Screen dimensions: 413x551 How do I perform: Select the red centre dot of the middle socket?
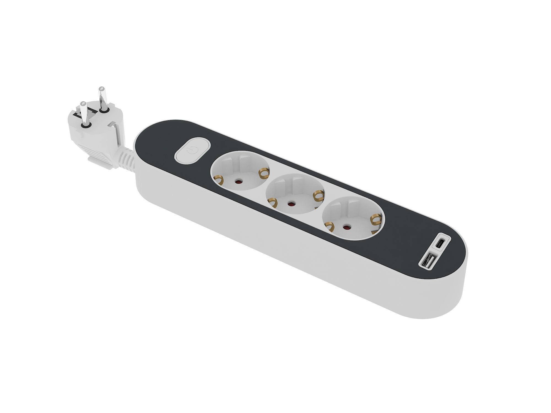(x=290, y=204)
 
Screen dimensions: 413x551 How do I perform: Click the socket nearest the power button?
(x=240, y=171)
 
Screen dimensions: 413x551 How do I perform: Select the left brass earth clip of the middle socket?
(x=273, y=203)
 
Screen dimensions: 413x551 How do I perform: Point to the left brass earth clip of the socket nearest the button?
(x=218, y=180)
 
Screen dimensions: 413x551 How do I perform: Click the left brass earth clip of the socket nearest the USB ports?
(x=329, y=227)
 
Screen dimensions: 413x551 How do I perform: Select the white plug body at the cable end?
(x=95, y=135)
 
